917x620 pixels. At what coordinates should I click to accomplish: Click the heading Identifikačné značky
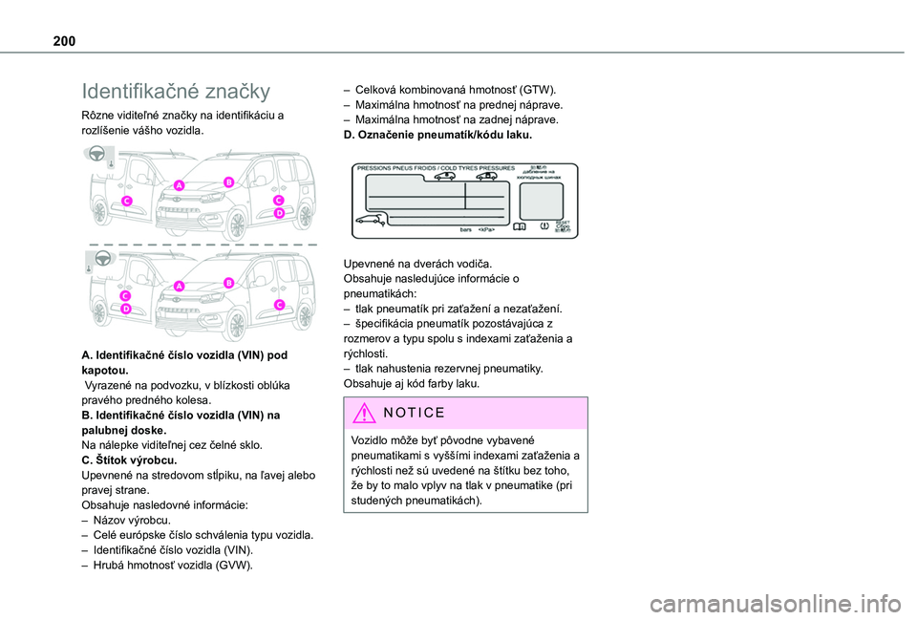tap(177, 92)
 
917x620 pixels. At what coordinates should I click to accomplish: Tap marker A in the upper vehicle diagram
tap(179, 184)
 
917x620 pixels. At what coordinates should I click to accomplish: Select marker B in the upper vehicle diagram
tap(229, 181)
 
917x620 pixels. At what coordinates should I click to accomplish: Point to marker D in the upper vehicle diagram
tap(280, 215)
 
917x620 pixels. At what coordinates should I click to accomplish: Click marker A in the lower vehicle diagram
tap(179, 286)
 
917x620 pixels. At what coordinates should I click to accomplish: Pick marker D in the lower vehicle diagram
tap(126, 309)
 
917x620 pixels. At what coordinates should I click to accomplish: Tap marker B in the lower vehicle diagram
tap(229, 283)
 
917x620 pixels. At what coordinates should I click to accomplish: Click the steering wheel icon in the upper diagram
tap(96, 155)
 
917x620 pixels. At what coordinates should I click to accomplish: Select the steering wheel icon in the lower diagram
tap(96, 257)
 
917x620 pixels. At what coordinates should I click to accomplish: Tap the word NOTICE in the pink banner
tap(412, 413)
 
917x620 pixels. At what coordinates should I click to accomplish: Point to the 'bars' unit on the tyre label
tap(466, 230)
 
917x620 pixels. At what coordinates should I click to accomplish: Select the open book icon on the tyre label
tap(519, 227)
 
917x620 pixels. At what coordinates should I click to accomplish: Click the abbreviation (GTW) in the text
tap(537, 89)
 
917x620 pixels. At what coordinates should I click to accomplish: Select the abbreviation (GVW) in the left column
tap(233, 566)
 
